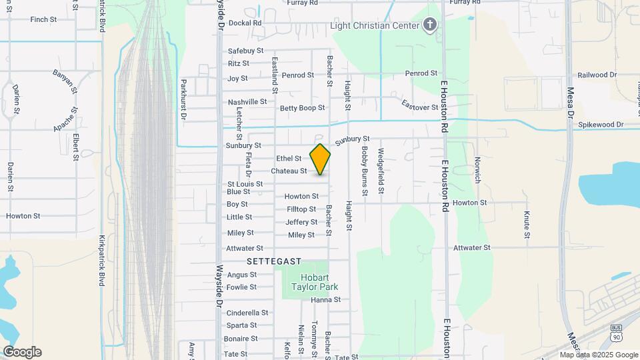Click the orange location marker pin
(x=320, y=159)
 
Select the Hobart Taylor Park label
(x=315, y=282)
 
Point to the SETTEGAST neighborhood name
(x=274, y=261)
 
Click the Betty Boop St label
(x=302, y=108)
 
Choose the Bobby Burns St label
(x=365, y=171)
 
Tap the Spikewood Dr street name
(x=600, y=125)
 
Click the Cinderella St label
(x=247, y=313)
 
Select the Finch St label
(x=43, y=19)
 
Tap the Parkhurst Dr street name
(x=184, y=99)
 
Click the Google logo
(x=22, y=352)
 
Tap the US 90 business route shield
(x=615, y=331)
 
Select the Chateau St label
(x=289, y=171)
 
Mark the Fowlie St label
(x=241, y=287)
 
